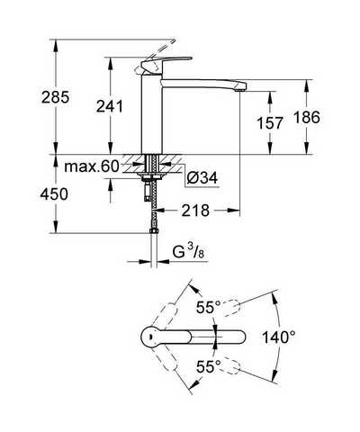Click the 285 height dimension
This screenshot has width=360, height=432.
[56, 97]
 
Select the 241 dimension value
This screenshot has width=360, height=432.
[110, 106]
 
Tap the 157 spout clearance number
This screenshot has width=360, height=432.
[270, 123]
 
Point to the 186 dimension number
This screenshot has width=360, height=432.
[307, 117]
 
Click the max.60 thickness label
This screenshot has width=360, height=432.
[92, 166]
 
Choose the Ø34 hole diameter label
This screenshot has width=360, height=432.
[202, 178]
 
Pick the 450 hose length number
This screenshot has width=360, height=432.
[54, 194]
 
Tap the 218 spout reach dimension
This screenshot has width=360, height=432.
[195, 211]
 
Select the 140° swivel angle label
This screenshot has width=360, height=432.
[279, 337]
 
